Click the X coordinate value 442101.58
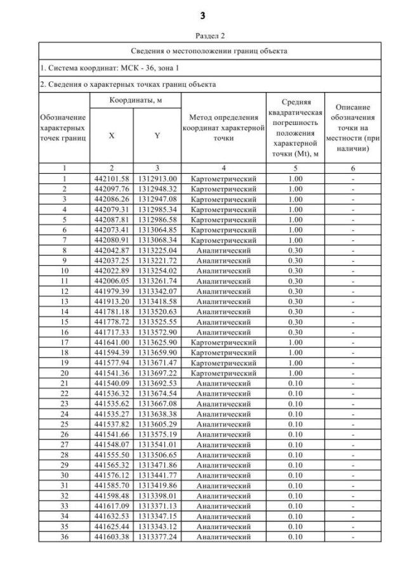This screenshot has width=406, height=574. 112,179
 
